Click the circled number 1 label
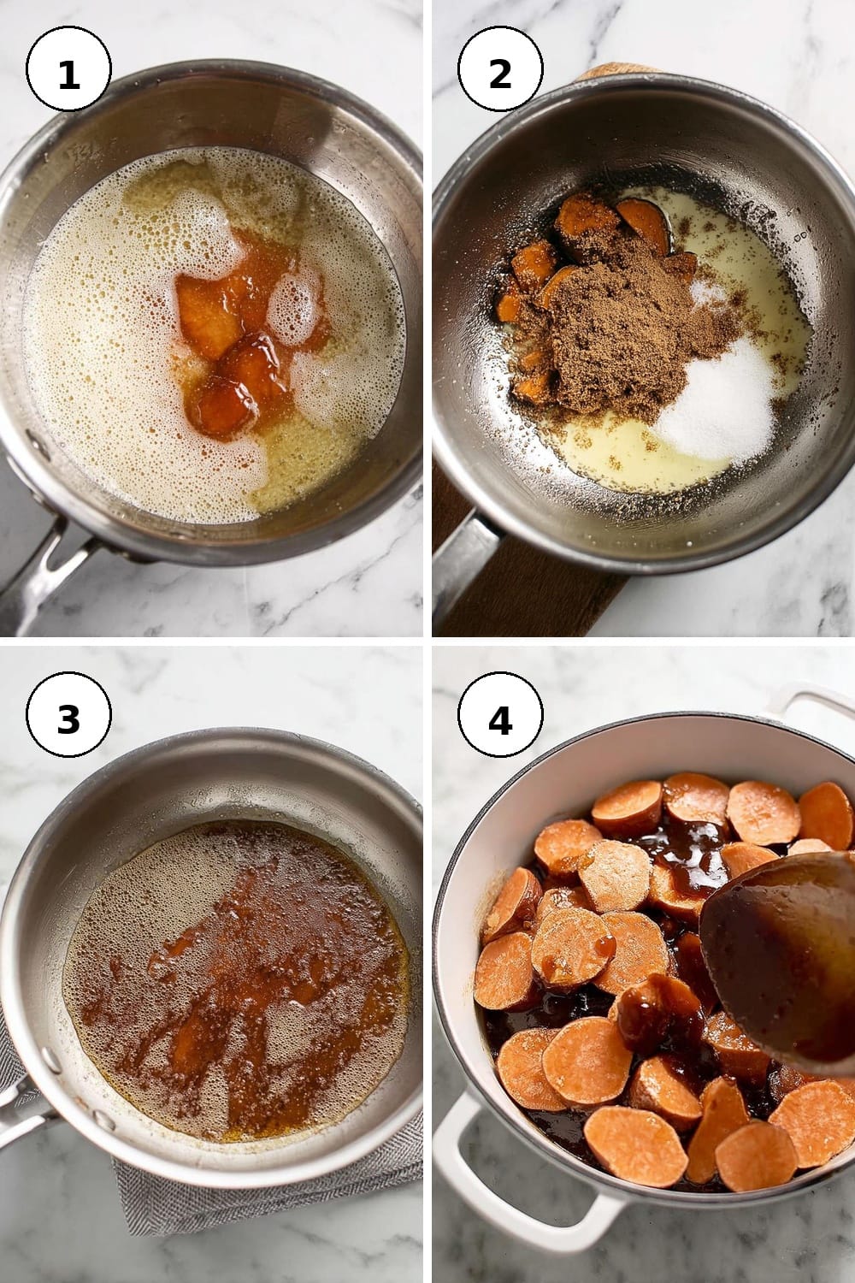(68, 68)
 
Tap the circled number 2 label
(500, 68)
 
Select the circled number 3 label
(68, 714)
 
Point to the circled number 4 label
(500, 714)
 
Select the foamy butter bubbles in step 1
(109, 344)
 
